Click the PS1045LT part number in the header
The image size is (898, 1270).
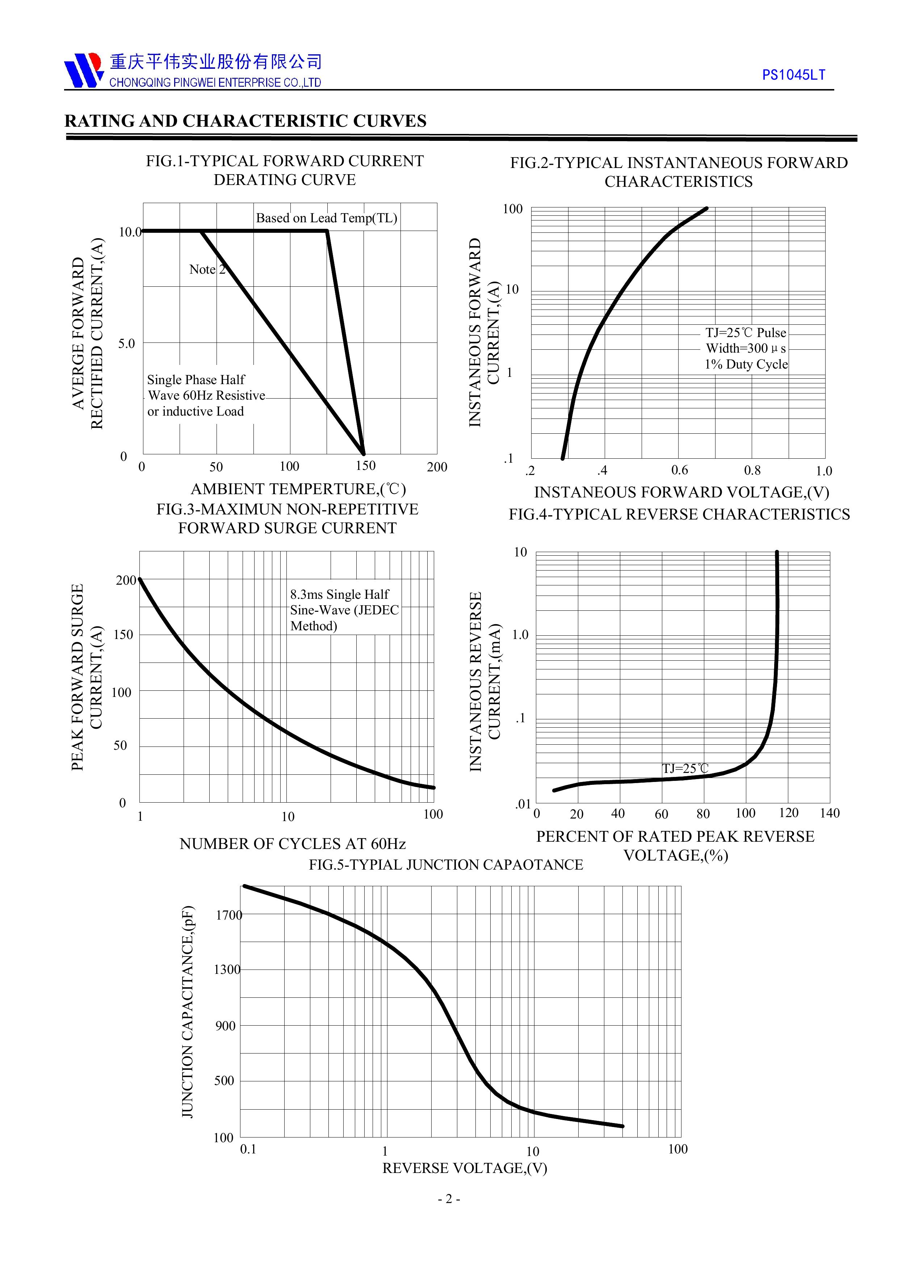point(793,75)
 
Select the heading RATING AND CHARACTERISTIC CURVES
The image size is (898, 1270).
point(245,121)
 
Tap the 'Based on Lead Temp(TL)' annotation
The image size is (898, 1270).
point(327,218)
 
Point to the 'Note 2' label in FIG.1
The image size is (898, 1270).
point(207,269)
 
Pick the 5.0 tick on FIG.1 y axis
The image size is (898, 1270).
point(126,344)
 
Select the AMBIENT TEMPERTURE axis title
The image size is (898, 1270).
point(298,489)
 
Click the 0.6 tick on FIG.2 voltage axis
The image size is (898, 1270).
point(679,470)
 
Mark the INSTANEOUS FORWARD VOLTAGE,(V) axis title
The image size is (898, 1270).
point(681,492)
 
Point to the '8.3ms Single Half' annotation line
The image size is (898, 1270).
point(339,594)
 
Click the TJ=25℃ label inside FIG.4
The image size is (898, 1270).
point(685,768)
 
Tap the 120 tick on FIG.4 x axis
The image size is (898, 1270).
point(788,812)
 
